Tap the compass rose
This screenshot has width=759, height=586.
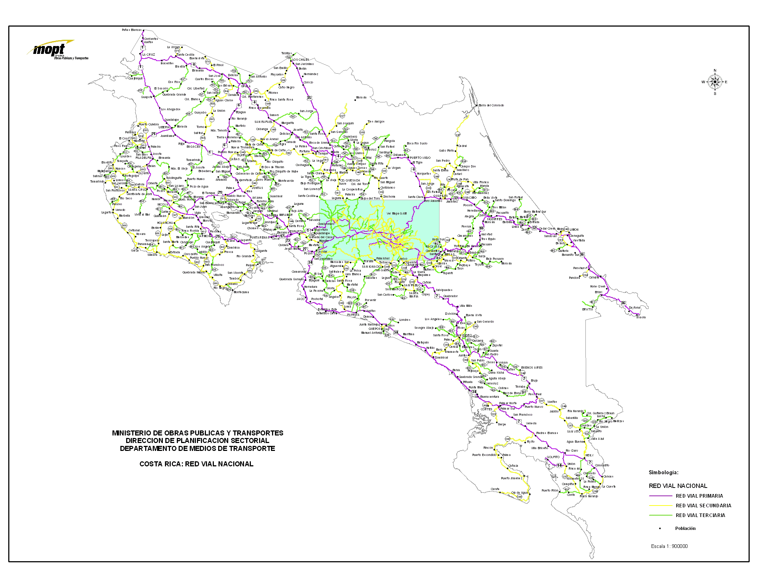point(715,82)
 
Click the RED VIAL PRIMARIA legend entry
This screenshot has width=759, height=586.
point(699,496)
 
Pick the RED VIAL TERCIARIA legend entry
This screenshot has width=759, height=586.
point(700,515)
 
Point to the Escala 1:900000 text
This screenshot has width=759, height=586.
point(669,546)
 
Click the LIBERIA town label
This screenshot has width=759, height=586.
point(164,127)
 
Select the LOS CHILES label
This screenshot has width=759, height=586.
point(300,60)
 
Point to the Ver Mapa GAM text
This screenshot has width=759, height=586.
point(396,213)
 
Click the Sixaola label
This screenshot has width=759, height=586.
point(641,317)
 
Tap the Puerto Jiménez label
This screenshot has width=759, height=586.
point(512,478)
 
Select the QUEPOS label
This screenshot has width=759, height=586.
point(374,328)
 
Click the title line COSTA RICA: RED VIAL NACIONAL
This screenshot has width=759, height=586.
point(196,464)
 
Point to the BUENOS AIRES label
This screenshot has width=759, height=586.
point(532,368)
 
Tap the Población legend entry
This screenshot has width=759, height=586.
point(685,529)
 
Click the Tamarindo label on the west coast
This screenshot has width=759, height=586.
point(97,181)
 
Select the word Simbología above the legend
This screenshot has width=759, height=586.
point(663,473)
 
